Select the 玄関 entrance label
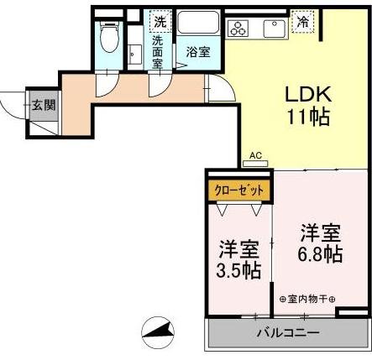(x=44, y=105)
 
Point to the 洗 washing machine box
(x=158, y=21)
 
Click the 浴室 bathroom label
(x=198, y=52)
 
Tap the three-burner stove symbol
(x=239, y=27)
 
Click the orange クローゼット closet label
(x=239, y=190)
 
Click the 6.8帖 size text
(x=320, y=253)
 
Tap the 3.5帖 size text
(x=239, y=270)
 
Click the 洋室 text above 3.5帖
(x=239, y=249)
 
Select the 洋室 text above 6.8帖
(x=320, y=231)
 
